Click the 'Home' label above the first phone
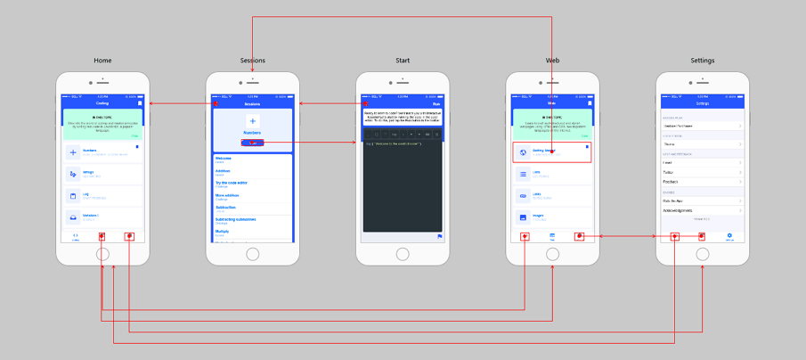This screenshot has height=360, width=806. (102, 61)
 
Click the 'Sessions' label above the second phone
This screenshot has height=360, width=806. (252, 61)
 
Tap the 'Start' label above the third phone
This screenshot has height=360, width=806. (403, 61)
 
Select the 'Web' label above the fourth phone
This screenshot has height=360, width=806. (552, 61)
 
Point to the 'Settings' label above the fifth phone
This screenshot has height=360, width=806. (702, 61)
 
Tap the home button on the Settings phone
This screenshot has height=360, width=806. (703, 254)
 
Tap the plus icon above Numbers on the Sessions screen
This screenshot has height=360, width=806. (252, 121)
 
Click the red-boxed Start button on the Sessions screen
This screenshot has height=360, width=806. (252, 143)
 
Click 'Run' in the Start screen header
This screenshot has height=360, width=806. (436, 103)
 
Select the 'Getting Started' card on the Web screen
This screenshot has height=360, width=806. (552, 152)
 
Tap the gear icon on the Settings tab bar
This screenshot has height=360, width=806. (729, 235)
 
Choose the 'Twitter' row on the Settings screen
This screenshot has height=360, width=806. (703, 172)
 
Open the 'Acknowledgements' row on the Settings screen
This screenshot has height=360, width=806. (703, 210)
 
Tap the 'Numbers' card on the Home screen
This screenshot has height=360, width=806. (102, 152)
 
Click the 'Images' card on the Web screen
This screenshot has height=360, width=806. (552, 217)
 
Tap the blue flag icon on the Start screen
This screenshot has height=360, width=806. (439, 236)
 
